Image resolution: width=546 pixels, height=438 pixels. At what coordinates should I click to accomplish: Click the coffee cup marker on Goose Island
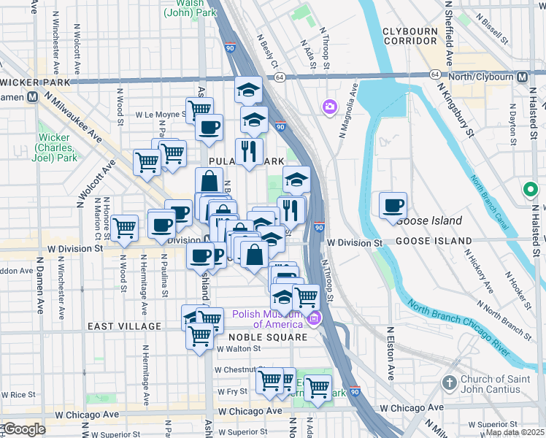393,205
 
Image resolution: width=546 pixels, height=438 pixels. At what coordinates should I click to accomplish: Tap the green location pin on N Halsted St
531,191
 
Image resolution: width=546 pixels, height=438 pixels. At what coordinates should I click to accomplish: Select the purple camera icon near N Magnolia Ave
330,107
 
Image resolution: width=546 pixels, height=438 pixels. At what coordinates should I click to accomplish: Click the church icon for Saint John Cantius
448,383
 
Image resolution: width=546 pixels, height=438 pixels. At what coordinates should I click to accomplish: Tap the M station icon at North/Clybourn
523,76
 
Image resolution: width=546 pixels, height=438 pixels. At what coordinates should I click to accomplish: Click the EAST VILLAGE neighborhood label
123,326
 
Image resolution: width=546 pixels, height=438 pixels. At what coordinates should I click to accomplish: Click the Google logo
24,429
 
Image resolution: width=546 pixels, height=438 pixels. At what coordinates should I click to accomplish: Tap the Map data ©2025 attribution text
515,432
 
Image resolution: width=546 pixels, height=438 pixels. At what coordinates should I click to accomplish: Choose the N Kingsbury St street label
455,110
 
